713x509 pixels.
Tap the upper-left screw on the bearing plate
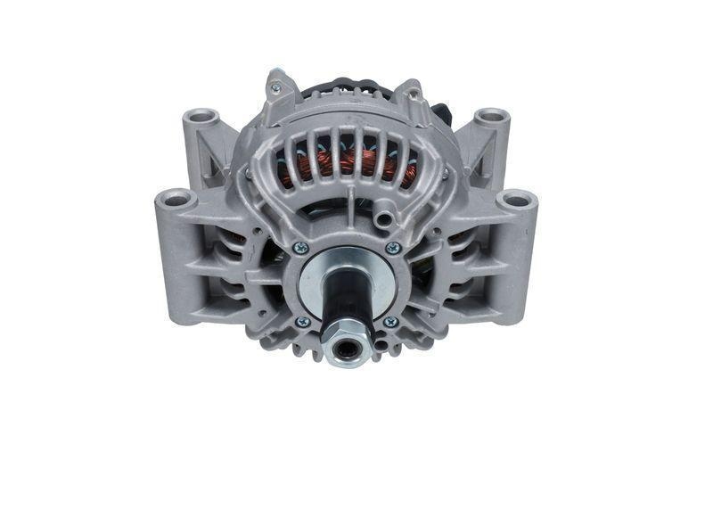pos(301,248)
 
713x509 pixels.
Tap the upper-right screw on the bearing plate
pos(392,248)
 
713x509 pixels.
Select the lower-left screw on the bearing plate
pos(302,321)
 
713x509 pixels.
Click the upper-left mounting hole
pos(201,117)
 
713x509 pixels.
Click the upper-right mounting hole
pos(491,117)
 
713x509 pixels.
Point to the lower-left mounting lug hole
pos(176,198)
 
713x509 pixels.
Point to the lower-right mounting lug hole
pos(517,198)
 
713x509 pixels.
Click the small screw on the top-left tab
pos(275,87)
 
